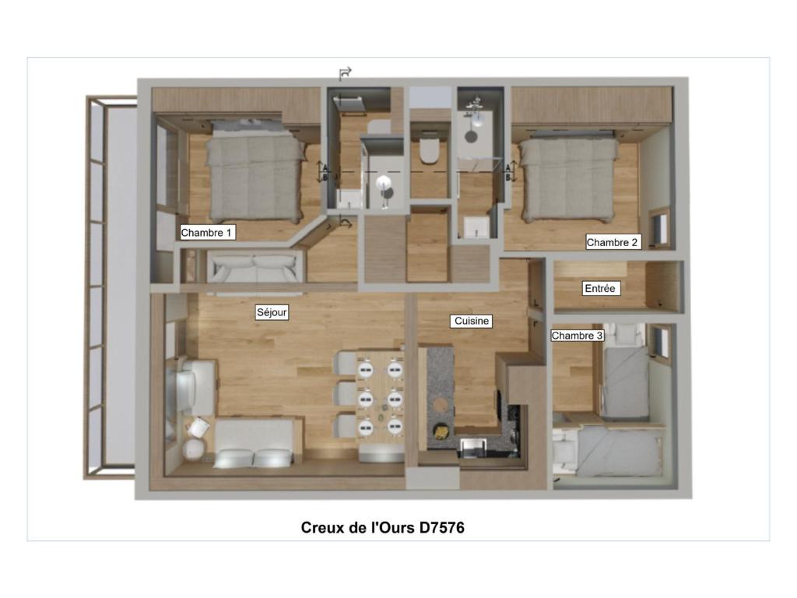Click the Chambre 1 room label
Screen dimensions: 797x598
(207, 233)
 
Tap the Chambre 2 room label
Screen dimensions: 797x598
(612, 242)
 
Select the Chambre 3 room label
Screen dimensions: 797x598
(577, 336)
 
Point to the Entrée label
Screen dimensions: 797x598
(600, 288)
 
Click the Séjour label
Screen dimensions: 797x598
(272, 312)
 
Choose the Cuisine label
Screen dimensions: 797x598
(472, 321)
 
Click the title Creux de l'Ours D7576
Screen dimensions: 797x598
(383, 527)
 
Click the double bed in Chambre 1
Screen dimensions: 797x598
(256, 171)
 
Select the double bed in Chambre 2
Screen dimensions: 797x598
(569, 175)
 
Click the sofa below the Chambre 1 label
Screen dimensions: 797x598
(255, 268)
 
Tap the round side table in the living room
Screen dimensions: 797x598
(194, 449)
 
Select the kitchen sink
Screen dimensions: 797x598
(473, 446)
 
